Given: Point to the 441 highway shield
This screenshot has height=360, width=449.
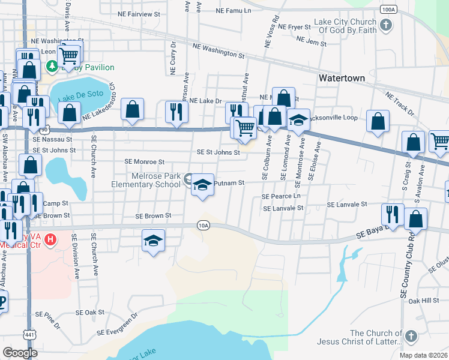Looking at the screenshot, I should click(x=29, y=333).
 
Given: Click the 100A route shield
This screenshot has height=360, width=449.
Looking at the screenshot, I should click(x=388, y=10).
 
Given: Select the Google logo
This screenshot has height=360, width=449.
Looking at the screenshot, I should click(x=20, y=353).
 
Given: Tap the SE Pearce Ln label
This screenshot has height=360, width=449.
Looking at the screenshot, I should click(x=280, y=196).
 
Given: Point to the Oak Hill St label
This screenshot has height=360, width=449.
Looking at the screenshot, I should click(x=424, y=301).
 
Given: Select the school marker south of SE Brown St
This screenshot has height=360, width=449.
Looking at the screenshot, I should click(x=154, y=241).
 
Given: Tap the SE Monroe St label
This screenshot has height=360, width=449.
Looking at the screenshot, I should click(x=144, y=162).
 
